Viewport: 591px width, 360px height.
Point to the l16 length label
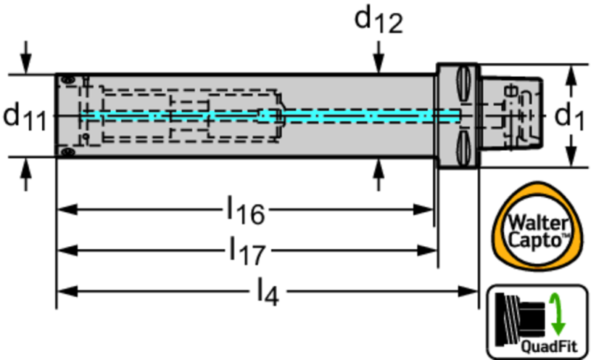point(245,212)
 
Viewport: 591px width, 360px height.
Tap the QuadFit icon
point(537,322)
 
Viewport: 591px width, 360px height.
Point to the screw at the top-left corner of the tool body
point(66,78)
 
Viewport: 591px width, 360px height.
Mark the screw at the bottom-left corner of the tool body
point(66,152)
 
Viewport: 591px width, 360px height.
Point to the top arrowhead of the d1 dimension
point(570,72)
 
